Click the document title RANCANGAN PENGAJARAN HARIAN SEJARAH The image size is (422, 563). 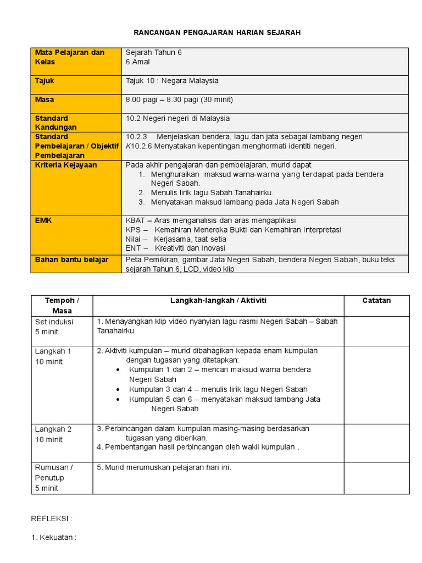[217, 33]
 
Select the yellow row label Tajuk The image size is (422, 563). [45, 81]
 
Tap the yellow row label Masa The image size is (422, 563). [45, 100]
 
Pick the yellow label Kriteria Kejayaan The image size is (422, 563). [66, 165]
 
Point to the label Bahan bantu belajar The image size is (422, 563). [71, 260]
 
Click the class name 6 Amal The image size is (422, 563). [138, 62]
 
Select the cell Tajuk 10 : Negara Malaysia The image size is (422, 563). [172, 81]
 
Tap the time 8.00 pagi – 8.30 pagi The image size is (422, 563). [162, 100]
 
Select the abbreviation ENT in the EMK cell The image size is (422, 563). [133, 249]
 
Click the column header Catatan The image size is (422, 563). [376, 301]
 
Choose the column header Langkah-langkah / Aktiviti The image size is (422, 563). [218, 301]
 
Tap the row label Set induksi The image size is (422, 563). [54, 322]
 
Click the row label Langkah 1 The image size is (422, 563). [53, 351]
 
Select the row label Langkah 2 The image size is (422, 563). [53, 429]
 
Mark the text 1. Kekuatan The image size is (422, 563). [53, 538]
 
